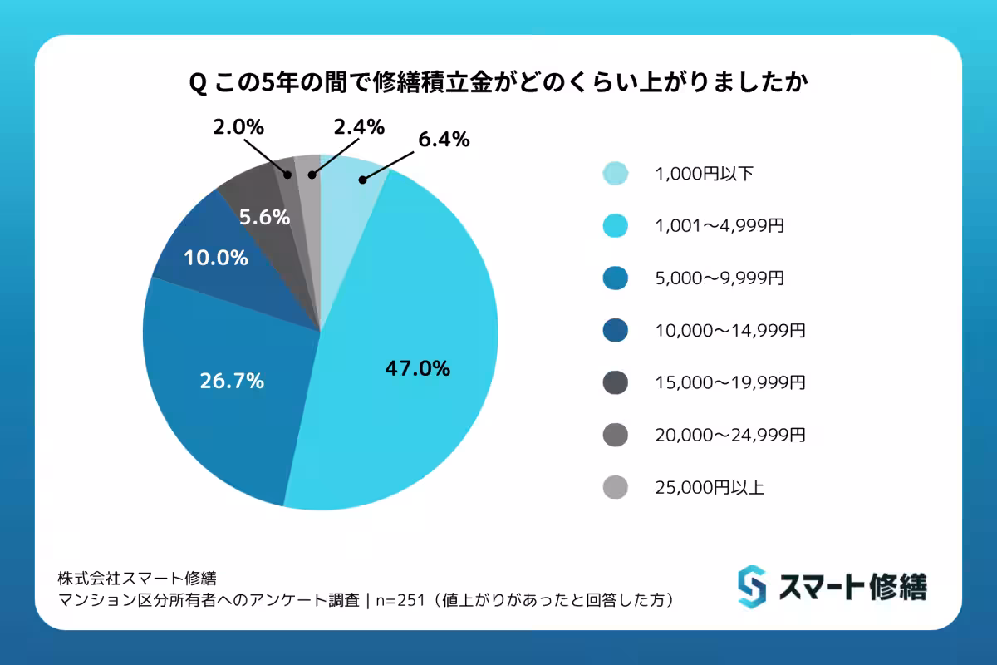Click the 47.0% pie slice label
click(x=417, y=368)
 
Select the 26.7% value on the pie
click(x=232, y=381)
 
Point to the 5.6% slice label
click(x=264, y=218)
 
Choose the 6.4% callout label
click(x=444, y=140)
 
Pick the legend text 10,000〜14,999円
click(x=729, y=330)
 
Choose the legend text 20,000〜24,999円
click(x=729, y=435)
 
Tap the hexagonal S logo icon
click(x=751, y=587)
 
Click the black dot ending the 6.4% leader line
click(x=361, y=178)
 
